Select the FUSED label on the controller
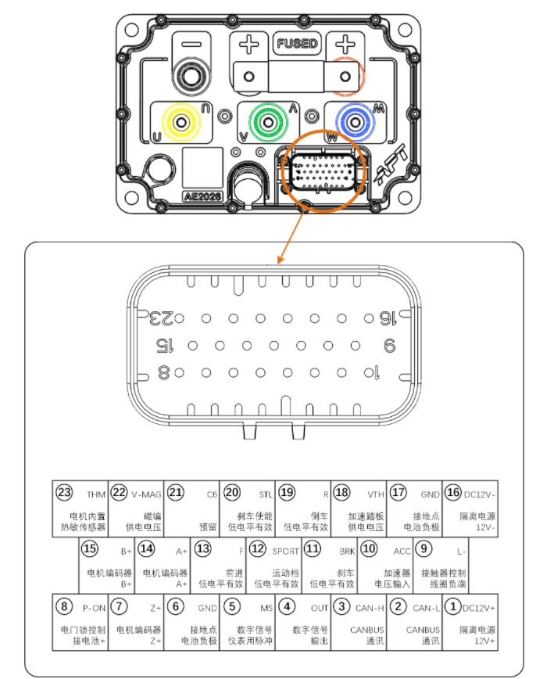(298, 44)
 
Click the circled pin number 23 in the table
(64, 493)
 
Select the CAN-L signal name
(427, 607)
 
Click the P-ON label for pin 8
(93, 607)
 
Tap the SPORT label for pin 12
(285, 551)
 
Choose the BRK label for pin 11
(347, 551)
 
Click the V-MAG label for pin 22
(146, 494)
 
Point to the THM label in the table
(96, 494)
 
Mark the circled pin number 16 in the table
(453, 493)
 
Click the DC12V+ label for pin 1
(480, 607)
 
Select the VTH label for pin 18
(376, 494)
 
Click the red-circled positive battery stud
(348, 75)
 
